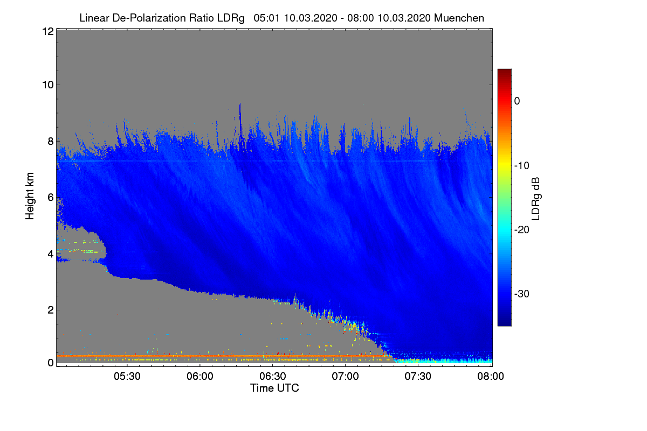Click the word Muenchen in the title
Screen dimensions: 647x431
coord(459,18)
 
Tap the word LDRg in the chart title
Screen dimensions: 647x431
coord(231,18)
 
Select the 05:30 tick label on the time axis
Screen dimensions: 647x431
coord(127,376)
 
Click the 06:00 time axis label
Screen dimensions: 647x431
coord(200,376)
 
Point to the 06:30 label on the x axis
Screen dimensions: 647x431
coord(273,376)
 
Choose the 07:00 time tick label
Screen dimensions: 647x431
coord(345,376)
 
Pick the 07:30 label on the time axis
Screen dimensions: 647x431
coord(418,376)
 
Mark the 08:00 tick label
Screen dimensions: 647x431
coord(491,376)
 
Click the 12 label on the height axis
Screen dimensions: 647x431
coord(48,31)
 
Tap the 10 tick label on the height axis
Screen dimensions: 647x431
coord(48,85)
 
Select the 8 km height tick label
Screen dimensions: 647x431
coord(51,141)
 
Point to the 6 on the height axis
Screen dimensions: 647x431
coord(51,198)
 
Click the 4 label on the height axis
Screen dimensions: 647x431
coord(51,254)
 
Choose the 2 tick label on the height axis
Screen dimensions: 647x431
coord(51,310)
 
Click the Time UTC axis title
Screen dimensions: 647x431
coord(274,388)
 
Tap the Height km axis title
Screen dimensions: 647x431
coord(30,196)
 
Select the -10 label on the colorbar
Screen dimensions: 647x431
coord(521,166)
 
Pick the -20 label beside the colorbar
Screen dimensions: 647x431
coord(521,230)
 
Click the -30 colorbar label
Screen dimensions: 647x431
coord(521,294)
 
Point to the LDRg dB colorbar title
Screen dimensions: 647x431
coord(536,199)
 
